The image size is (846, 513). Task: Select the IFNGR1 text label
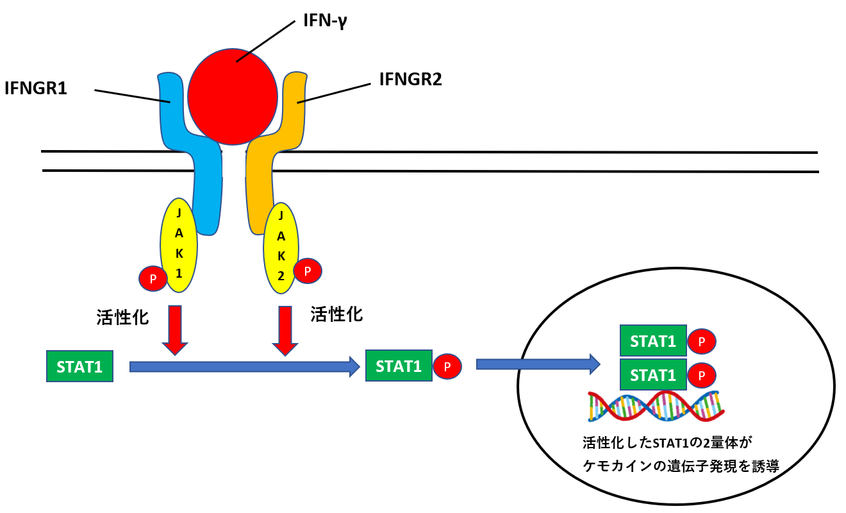[x=36, y=88]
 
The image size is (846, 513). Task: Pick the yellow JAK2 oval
[x=281, y=246]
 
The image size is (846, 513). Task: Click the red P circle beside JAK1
[x=153, y=279]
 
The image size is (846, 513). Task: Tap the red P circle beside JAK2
[x=308, y=271]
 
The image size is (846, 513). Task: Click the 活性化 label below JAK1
[x=120, y=317]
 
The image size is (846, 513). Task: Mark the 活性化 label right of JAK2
[x=336, y=314]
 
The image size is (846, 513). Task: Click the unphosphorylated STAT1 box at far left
[x=79, y=367]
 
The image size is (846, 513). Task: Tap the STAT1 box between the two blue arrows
[x=398, y=366]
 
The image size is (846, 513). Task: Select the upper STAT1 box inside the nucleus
[x=652, y=341]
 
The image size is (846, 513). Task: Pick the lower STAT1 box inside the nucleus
[x=652, y=374]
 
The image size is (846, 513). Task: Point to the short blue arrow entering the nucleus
[x=538, y=364]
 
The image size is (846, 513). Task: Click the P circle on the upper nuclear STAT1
[x=702, y=342]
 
